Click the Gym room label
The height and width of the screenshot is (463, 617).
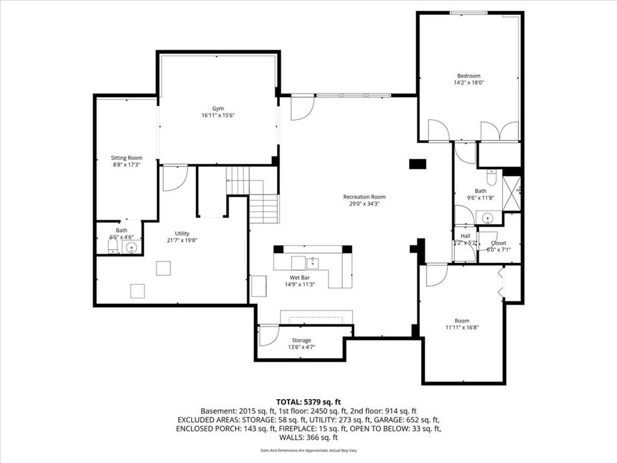tap(218, 109)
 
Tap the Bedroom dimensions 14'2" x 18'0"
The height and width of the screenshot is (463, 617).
tap(469, 83)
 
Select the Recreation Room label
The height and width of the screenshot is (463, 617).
tap(365, 197)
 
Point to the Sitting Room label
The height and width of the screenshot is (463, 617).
tap(127, 158)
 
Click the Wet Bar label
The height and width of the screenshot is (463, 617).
tap(300, 277)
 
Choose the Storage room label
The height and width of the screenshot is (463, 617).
tap(301, 340)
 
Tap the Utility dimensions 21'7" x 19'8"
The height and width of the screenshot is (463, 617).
tap(182, 240)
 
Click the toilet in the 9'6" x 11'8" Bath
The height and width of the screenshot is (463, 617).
tap(492, 177)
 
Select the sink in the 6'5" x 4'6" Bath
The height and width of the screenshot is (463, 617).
tap(131, 248)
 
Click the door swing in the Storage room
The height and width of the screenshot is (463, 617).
tap(269, 336)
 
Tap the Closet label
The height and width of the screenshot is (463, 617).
tap(498, 243)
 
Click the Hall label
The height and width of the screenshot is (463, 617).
tap(466, 236)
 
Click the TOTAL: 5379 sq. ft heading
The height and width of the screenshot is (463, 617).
tap(308, 402)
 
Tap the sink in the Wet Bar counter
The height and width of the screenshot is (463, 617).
tap(313, 262)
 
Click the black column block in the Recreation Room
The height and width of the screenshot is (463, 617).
tap(418, 164)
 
